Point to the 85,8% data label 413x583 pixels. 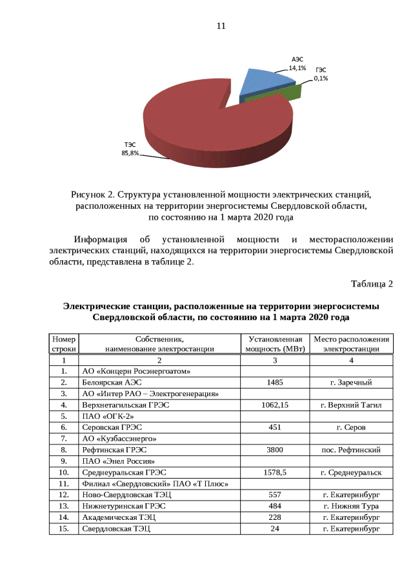[x=130, y=153]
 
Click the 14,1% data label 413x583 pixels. [x=297, y=67]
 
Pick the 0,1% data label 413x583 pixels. [x=321, y=78]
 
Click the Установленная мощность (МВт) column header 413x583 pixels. [x=275, y=344]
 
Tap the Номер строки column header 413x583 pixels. [x=64, y=344]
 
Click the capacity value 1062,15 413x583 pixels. [x=275, y=405]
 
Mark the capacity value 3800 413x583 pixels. [x=275, y=450]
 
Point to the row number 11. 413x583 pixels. [x=64, y=483]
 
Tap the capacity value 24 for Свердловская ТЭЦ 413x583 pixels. [x=275, y=528]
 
